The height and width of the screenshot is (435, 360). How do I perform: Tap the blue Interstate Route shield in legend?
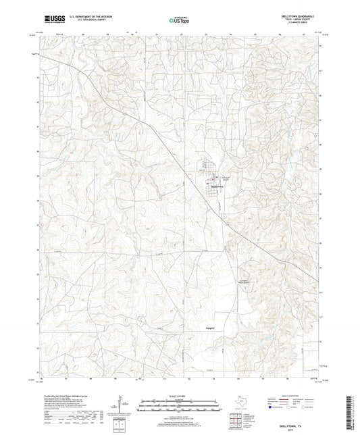pyautogui.click(x=272, y=409)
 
